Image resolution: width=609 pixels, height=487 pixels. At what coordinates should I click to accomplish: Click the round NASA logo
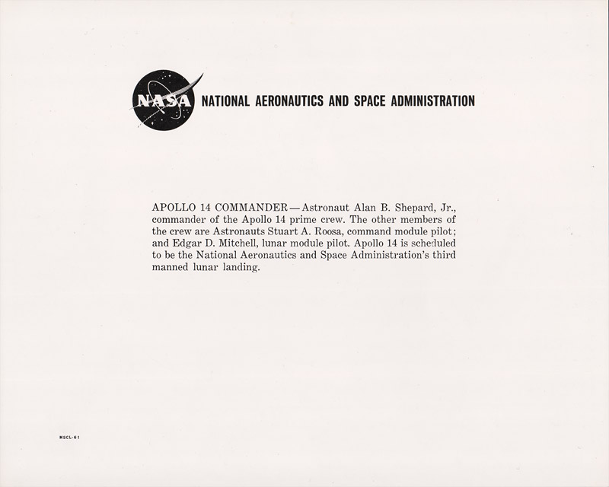click(163, 100)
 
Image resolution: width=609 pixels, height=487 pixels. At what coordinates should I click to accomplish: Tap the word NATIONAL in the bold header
click(225, 101)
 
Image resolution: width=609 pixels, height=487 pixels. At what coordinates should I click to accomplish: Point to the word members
click(417, 219)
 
